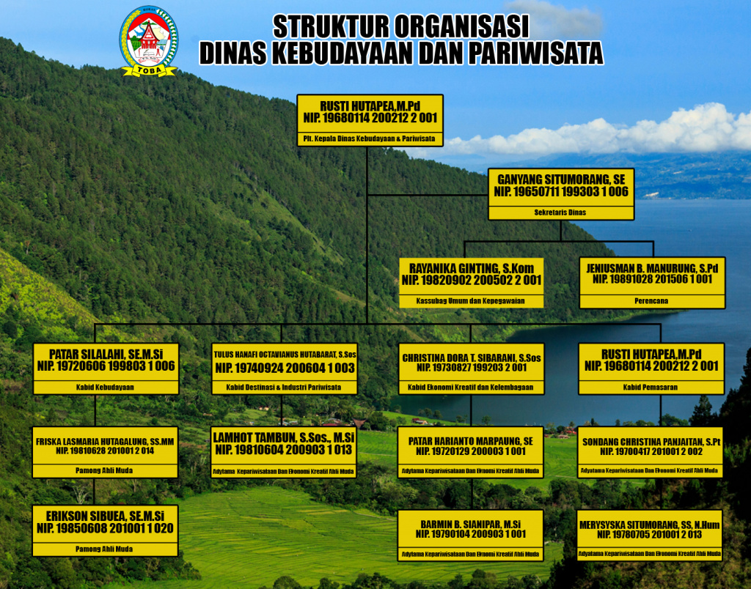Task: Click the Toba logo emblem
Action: point(148,41)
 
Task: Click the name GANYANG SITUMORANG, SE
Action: point(561,179)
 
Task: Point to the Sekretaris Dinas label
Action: point(561,212)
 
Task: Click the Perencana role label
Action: point(652,300)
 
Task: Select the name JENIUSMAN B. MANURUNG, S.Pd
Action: point(652,268)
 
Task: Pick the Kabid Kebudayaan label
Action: point(106,387)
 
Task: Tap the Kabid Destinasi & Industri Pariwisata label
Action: point(284,387)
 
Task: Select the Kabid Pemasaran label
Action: point(651,387)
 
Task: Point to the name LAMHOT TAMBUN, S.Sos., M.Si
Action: point(284,437)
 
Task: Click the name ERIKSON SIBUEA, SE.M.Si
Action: point(106,516)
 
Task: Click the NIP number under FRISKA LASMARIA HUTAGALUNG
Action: point(106,451)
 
